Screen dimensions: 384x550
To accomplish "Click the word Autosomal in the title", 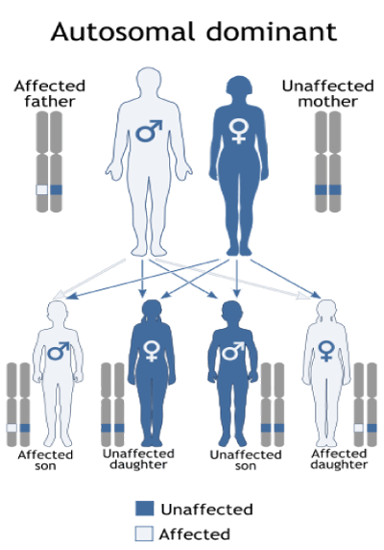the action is tap(123, 32).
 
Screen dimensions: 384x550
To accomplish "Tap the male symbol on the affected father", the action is tap(149, 131).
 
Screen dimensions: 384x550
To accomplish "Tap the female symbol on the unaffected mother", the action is tap(239, 131).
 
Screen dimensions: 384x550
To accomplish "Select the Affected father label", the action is tap(50, 93).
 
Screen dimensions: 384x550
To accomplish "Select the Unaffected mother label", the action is tap(328, 93).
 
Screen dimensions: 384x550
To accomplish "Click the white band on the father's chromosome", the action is tap(42, 189).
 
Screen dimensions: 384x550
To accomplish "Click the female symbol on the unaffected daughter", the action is tap(152, 351).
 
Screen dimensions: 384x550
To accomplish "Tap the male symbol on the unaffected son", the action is tap(233, 351).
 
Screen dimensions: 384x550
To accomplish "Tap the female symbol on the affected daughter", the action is tap(326, 351).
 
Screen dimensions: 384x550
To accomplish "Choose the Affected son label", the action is tap(45, 461).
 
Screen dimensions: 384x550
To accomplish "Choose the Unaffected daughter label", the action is tap(138, 460).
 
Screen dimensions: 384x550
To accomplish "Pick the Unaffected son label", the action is tap(246, 461).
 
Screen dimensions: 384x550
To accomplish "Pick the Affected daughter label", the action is tap(339, 460).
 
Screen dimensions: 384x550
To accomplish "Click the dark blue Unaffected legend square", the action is tap(145, 509).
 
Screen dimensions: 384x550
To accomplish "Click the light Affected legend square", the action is tap(144, 534).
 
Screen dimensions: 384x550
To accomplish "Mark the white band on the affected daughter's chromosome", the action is tap(358, 428).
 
